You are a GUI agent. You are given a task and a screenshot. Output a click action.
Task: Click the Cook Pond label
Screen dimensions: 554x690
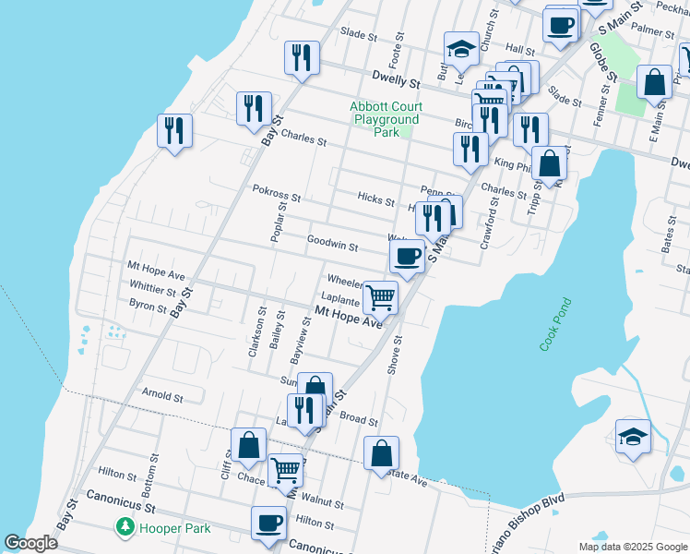(556, 323)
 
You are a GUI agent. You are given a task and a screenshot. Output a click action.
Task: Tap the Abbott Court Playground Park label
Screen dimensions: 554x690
(385, 119)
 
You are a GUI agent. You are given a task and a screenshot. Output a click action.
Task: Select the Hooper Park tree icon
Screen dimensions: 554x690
(124, 527)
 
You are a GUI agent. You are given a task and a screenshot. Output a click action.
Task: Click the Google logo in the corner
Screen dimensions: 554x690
(30, 543)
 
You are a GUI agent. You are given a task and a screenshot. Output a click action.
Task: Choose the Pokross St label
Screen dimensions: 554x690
(277, 197)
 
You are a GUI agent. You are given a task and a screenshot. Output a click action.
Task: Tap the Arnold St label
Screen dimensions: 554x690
(162, 395)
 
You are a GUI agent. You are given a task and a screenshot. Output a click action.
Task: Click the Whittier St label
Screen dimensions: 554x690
(152, 289)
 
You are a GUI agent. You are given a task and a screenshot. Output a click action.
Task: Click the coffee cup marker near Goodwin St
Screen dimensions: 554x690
(407, 257)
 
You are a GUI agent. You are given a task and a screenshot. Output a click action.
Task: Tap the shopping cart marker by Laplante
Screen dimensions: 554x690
(380, 298)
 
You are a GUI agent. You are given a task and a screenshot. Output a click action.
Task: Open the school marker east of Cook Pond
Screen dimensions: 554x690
(633, 437)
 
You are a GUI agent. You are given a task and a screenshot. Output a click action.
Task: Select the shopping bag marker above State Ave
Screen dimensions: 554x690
(381, 453)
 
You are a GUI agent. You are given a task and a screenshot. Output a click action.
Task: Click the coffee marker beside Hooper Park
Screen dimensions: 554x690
(269, 523)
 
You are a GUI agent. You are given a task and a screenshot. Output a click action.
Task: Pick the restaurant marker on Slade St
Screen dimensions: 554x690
(302, 58)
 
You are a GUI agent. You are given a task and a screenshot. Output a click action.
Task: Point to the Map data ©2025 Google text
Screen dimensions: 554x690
(632, 547)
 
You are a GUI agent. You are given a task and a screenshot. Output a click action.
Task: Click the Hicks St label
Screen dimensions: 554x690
(375, 200)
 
